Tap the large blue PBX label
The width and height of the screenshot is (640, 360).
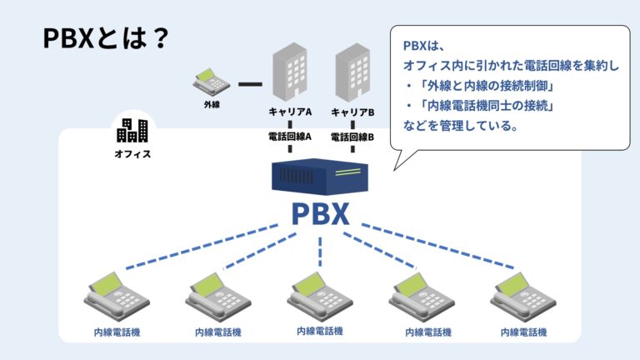coord(320,214)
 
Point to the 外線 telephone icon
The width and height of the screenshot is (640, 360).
coord(212,81)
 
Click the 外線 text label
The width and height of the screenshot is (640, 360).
coord(212,106)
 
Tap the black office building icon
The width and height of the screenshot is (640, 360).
coord(132,130)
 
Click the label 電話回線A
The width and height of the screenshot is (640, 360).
coord(289,137)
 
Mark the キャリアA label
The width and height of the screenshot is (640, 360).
coord(289,112)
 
